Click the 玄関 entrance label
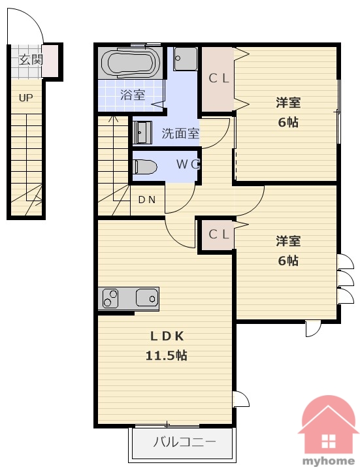[31, 59]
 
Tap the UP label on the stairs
[25, 97]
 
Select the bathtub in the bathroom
[129, 63]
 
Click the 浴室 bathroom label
[133, 95]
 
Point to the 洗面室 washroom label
[180, 133]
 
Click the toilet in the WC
[146, 167]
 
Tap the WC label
[188, 164]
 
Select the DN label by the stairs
[147, 200]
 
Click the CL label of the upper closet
[218, 78]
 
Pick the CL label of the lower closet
[218, 234]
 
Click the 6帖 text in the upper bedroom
[288, 122]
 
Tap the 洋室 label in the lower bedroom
[288, 241]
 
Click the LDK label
[167, 336]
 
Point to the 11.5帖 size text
[167, 355]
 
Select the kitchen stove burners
[110, 298]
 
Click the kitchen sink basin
[147, 298]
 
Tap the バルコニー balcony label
[184, 442]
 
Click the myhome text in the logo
[329, 461]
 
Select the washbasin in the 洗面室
[142, 132]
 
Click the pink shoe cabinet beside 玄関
[50, 61]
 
